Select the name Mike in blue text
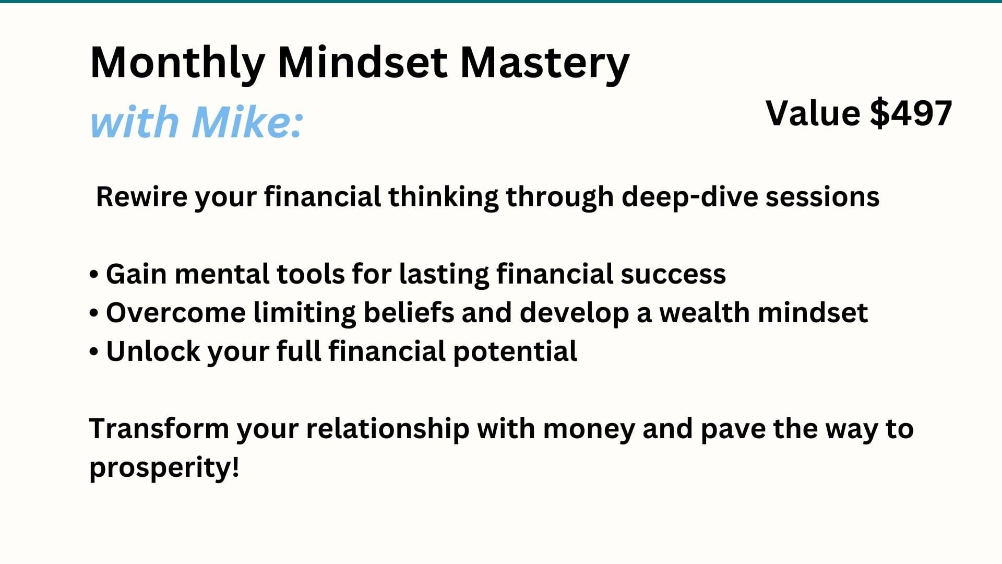242,122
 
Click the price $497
911,113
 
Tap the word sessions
822,197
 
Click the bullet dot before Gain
94,275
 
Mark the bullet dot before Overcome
94,313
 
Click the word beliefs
409,313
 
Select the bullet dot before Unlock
94,352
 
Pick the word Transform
159,429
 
